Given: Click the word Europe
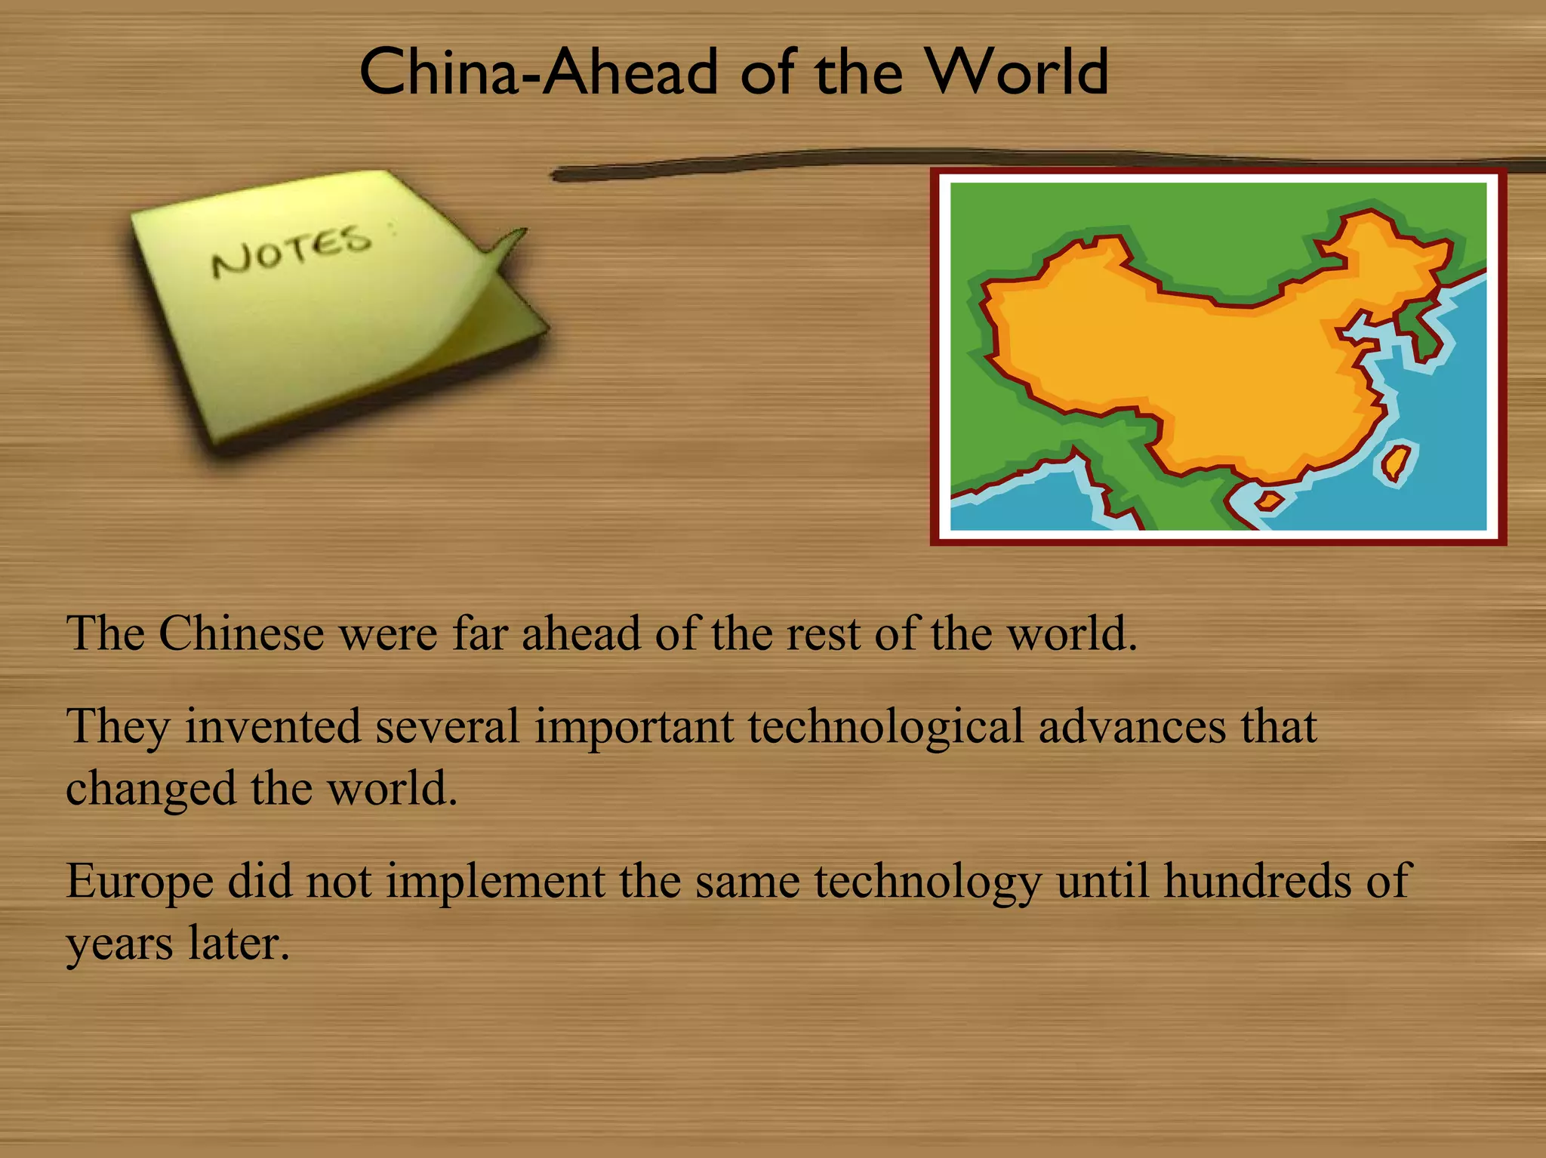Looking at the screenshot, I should [x=140, y=882].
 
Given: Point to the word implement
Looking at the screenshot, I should [x=495, y=882].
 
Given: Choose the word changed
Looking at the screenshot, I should [x=151, y=790].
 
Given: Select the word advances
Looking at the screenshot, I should [x=1132, y=726].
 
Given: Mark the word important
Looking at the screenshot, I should [x=634, y=728].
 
